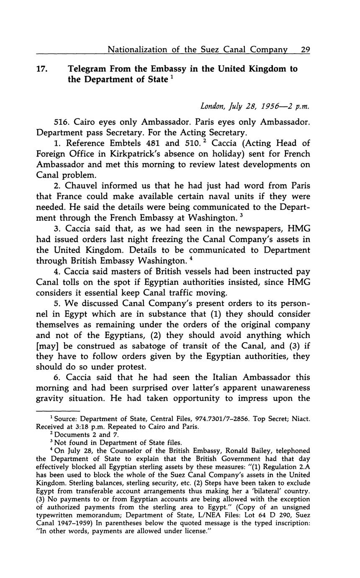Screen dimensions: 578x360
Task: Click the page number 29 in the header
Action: tap(305, 49)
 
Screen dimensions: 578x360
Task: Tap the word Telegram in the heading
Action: tap(87, 69)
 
